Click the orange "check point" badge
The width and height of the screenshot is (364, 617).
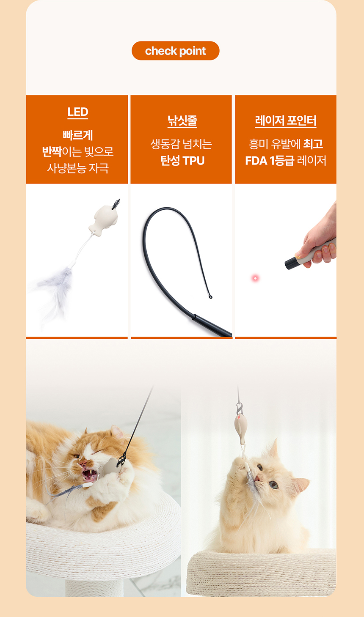175,51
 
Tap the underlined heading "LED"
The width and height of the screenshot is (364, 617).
78,112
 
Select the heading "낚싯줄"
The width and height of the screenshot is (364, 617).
182,121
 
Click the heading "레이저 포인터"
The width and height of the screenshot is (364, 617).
286,121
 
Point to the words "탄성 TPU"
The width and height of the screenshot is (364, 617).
182,161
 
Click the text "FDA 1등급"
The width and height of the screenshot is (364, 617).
269,161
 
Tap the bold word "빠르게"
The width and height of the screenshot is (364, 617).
78,135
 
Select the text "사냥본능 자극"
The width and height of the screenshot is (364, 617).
78,168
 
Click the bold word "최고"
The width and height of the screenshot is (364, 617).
313,144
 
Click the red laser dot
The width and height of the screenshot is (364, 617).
255,278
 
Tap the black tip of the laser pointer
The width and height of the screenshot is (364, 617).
291,263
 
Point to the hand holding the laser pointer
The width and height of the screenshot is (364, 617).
320,241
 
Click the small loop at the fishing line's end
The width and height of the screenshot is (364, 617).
210,297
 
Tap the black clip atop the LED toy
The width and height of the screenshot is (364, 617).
116,204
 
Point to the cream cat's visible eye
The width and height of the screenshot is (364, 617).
273,485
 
